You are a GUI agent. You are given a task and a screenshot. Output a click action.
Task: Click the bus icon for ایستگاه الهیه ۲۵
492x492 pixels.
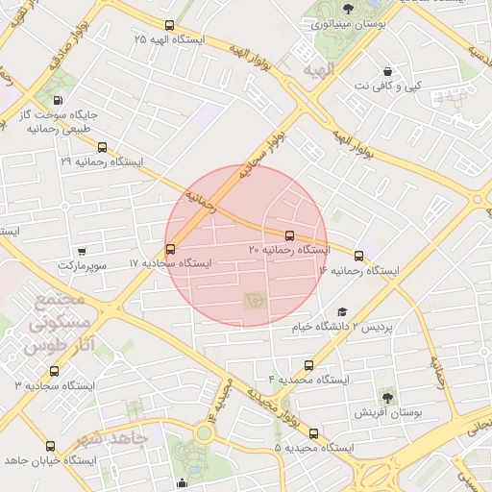pos(170,26)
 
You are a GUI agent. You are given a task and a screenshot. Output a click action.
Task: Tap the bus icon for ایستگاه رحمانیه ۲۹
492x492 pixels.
pos(103,149)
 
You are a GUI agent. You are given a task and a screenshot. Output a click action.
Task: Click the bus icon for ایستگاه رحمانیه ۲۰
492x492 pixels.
pos(289,235)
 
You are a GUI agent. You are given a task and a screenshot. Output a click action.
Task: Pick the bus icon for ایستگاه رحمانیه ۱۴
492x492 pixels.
pos(359,257)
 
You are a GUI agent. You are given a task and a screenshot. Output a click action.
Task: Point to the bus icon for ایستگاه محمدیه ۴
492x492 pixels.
pos(308,365)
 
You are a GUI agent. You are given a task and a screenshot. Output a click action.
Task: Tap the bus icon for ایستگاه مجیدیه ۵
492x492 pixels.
pos(313,433)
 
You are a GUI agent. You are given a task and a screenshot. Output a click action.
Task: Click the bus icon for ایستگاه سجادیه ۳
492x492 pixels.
pos(54,371)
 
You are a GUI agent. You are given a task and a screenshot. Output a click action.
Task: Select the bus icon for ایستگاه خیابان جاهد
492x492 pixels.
pos(50,446)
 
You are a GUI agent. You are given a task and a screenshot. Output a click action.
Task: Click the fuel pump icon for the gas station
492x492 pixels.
pos(60,101)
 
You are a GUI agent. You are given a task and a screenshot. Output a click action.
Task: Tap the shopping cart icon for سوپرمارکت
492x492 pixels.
pos(82,251)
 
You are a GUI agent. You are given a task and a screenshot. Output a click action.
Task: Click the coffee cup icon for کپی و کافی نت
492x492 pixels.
pos(387,72)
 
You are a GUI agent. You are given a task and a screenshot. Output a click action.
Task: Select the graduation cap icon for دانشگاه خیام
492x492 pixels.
pos(342,312)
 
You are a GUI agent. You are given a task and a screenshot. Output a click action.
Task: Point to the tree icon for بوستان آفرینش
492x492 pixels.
pos(386,396)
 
